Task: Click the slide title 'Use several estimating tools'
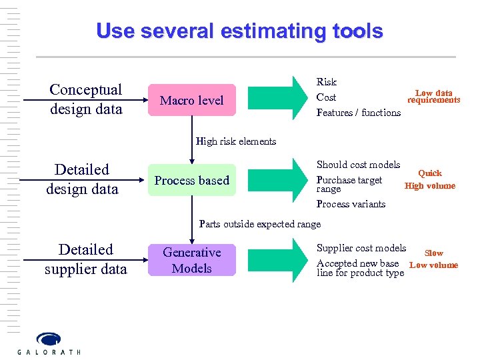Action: click(239, 31)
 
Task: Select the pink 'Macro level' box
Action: click(192, 100)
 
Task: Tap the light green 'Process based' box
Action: click(192, 180)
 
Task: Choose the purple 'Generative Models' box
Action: click(192, 260)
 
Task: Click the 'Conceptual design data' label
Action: click(86, 99)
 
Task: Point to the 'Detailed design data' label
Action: click(82, 179)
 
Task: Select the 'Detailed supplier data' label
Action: click(86, 259)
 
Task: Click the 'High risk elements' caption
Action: click(236, 141)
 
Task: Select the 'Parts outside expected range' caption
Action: click(260, 224)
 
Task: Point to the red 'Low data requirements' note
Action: click(434, 97)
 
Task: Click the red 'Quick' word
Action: click(430, 173)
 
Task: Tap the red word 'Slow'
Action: click(434, 253)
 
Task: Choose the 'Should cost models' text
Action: click(359, 165)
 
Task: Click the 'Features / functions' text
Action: click(359, 113)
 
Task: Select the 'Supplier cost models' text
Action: click(361, 248)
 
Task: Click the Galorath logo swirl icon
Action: click(48, 339)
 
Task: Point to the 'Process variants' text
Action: click(351, 204)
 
